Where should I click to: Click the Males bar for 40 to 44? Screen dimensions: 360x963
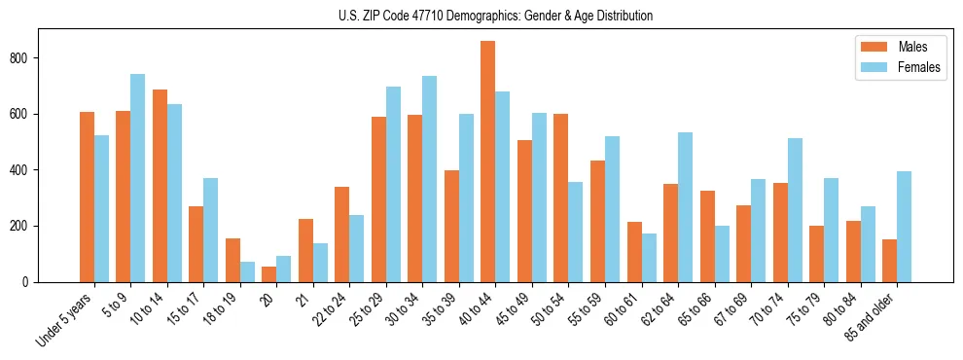488,162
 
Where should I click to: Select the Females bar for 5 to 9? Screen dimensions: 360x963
138,178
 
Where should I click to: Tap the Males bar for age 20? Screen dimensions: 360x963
269,274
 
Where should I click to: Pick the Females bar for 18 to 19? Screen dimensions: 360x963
248,271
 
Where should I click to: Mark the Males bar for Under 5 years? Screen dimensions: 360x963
88,197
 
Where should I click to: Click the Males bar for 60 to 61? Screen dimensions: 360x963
634,252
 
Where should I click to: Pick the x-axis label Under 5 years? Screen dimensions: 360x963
66,319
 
